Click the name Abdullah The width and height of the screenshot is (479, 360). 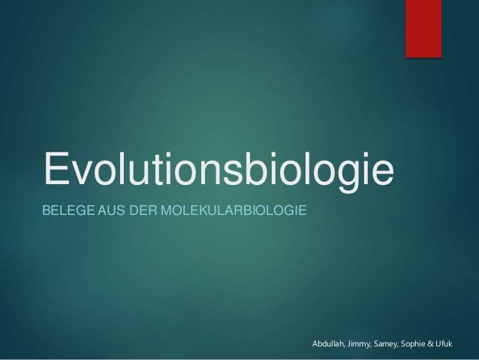pos(327,343)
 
